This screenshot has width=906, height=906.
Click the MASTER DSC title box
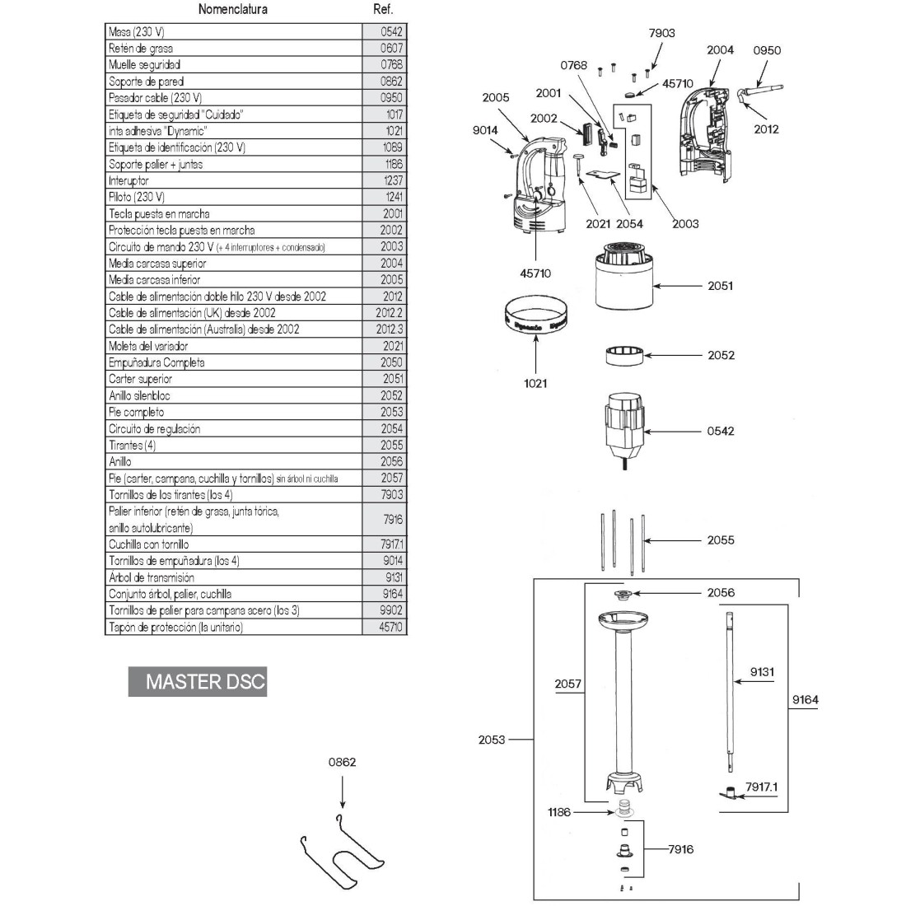(x=197, y=682)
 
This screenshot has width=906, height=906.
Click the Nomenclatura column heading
(x=233, y=10)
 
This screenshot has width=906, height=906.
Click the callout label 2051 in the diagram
(x=720, y=286)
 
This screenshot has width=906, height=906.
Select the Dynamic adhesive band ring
(x=535, y=322)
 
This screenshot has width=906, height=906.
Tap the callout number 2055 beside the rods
(x=720, y=540)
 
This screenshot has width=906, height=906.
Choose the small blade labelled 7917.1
(x=726, y=793)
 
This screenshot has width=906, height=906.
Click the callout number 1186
(x=558, y=812)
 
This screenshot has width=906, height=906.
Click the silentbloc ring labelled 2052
(x=623, y=356)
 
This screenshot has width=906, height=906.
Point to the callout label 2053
(x=492, y=740)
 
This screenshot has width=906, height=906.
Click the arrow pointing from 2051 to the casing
(x=680, y=286)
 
